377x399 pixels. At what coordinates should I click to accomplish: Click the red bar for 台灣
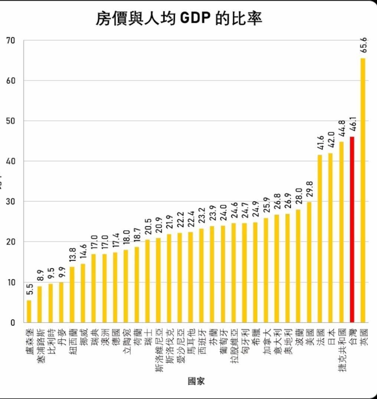click(x=352, y=230)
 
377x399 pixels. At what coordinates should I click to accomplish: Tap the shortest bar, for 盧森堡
click(x=29, y=311)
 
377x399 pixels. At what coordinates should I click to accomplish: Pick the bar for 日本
click(x=330, y=238)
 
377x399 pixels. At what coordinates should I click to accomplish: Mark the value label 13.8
click(x=72, y=256)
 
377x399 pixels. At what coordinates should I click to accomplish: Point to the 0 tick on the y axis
click(x=13, y=322)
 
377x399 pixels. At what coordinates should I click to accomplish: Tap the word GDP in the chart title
click(x=195, y=19)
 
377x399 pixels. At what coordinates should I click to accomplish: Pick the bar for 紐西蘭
click(x=72, y=294)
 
